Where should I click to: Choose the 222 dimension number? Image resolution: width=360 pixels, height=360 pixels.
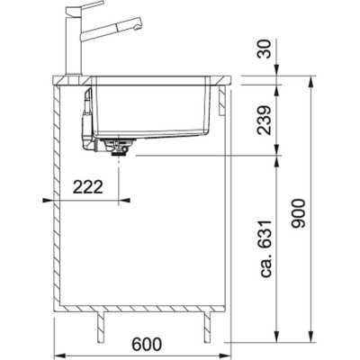pos(87,187)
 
